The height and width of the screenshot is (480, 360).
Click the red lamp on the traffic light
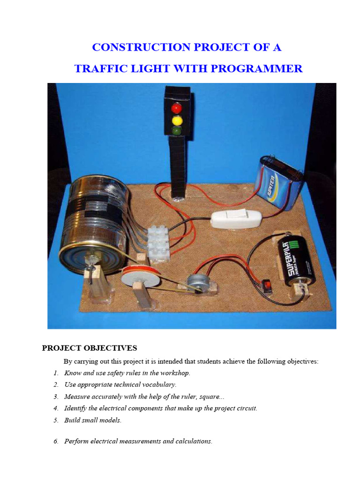[x=177, y=108]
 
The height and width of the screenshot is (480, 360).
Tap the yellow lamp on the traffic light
[x=177, y=120]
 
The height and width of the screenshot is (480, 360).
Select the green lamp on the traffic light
[x=177, y=131]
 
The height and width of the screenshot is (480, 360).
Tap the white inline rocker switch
[x=232, y=218]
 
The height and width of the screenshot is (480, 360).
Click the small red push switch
[x=268, y=285]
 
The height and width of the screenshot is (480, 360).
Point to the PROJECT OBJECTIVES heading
[x=90, y=348]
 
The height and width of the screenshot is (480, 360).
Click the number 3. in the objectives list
[x=56, y=397]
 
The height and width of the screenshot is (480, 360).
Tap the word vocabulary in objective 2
[x=159, y=385]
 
